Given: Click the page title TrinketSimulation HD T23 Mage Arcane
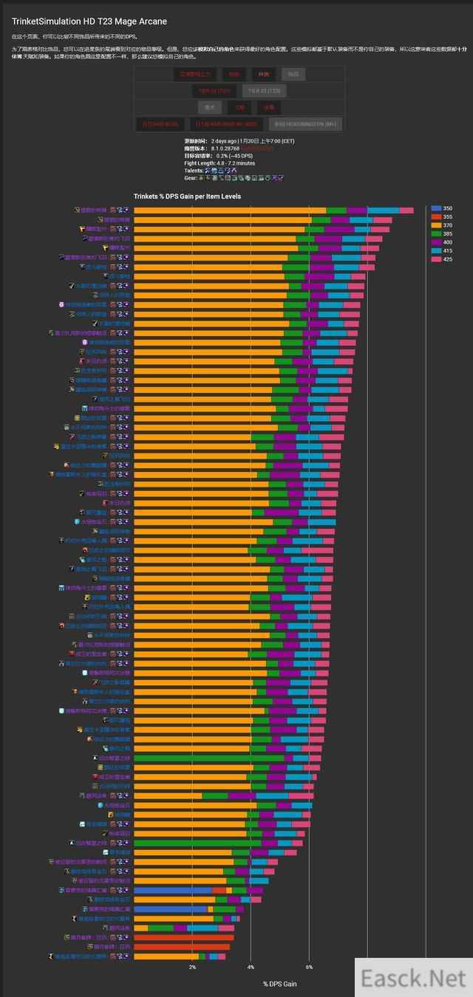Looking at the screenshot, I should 89,21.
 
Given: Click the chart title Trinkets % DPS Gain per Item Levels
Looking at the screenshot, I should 187,196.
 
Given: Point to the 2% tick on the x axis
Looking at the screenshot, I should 193,967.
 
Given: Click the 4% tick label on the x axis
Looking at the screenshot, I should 251,967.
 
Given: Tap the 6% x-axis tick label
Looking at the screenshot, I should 309,967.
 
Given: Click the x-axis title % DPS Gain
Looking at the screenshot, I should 279,984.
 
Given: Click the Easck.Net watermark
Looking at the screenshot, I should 413,978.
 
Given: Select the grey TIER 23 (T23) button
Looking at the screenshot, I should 264,91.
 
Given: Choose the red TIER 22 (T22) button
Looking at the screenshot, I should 214,91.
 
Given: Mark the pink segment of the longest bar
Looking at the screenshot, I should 406,210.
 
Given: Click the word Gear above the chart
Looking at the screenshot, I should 190,178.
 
